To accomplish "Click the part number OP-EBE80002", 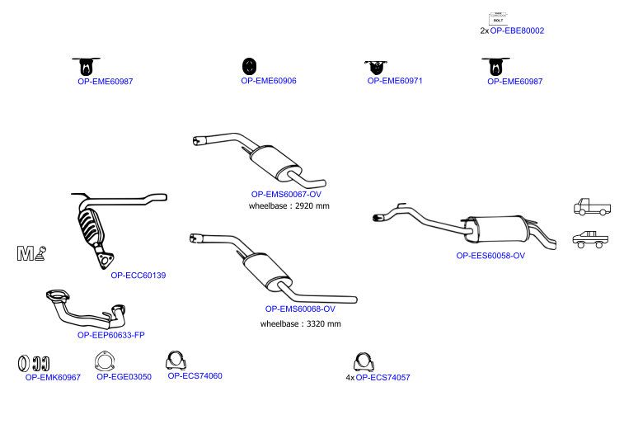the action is coord(517,31).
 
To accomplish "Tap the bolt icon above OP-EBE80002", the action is coord(498,18).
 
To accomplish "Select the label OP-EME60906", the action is coord(269,81).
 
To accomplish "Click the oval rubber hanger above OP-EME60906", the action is coord(249,66).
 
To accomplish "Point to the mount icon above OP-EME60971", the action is coord(375,68).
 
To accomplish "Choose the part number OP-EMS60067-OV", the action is coord(286,195).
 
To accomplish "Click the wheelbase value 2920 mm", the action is coord(312,206).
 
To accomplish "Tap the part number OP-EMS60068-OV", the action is coord(300,309).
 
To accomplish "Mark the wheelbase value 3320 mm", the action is coord(324,324).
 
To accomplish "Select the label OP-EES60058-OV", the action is coord(490,256).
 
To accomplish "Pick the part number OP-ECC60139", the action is coord(138,276).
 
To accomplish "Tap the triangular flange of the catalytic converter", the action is coord(105,260).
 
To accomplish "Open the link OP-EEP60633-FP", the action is coord(111,336).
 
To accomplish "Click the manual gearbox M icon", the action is coord(31,253).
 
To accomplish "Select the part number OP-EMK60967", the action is coord(53,378).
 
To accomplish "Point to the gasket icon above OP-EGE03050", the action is coord(104,361).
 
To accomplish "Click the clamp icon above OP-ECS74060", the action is coord(176,361).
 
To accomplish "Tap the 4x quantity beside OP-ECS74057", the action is coord(350,378).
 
